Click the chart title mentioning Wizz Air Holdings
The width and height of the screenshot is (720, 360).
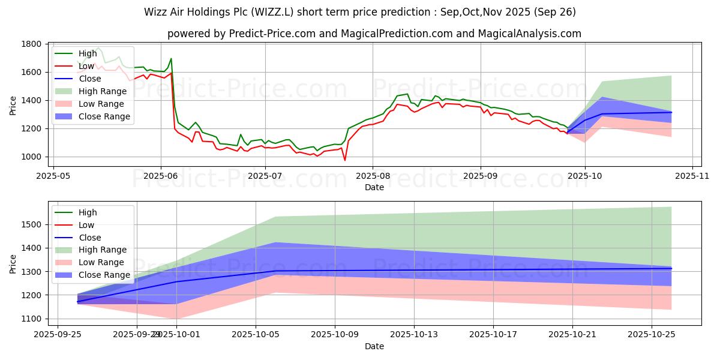click(x=360, y=12)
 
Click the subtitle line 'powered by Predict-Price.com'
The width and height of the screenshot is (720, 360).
click(x=374, y=34)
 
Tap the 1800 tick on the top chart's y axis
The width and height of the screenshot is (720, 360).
click(x=31, y=44)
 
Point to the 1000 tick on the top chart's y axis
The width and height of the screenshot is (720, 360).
click(x=31, y=157)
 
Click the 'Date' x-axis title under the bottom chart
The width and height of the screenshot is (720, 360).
click(x=374, y=347)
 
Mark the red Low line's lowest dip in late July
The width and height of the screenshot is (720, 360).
click(x=345, y=160)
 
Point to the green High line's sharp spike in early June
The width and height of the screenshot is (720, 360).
click(x=171, y=59)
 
